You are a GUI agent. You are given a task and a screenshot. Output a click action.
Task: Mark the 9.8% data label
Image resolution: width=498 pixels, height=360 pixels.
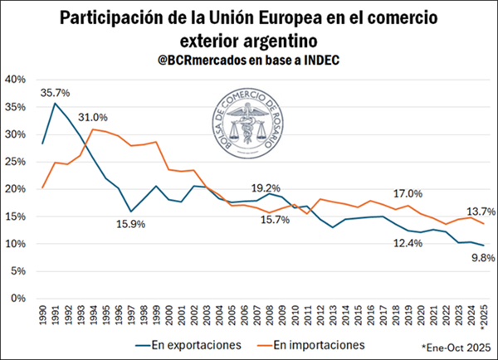tap(482, 258)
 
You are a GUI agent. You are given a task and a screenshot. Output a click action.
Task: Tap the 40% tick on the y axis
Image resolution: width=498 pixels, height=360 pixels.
tap(16, 80)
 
